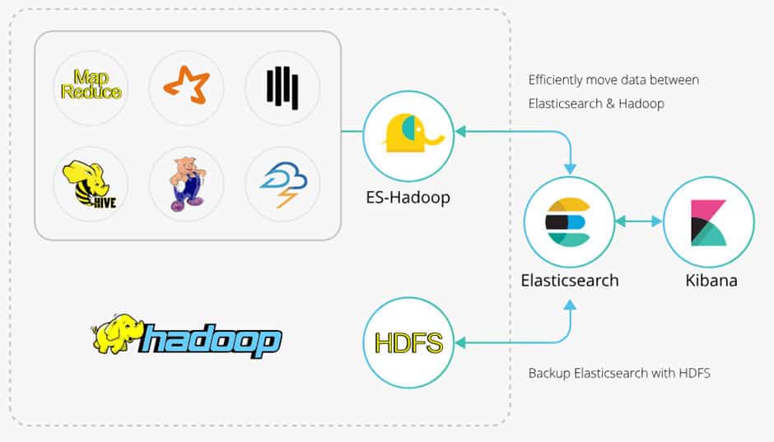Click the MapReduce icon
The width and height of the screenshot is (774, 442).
[91, 85]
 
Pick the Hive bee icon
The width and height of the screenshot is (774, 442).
[91, 183]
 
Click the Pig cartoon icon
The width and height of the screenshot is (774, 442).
[186, 183]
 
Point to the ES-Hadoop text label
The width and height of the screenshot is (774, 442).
[408, 197]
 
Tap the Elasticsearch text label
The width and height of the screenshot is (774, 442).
[569, 280]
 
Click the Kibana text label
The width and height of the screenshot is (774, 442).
[711, 280]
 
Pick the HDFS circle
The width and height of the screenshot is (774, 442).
[408, 342]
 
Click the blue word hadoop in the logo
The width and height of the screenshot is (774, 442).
[210, 338]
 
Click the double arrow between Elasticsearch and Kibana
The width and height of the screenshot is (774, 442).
[638, 221]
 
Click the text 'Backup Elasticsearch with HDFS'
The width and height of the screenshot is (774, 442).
[618, 373]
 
